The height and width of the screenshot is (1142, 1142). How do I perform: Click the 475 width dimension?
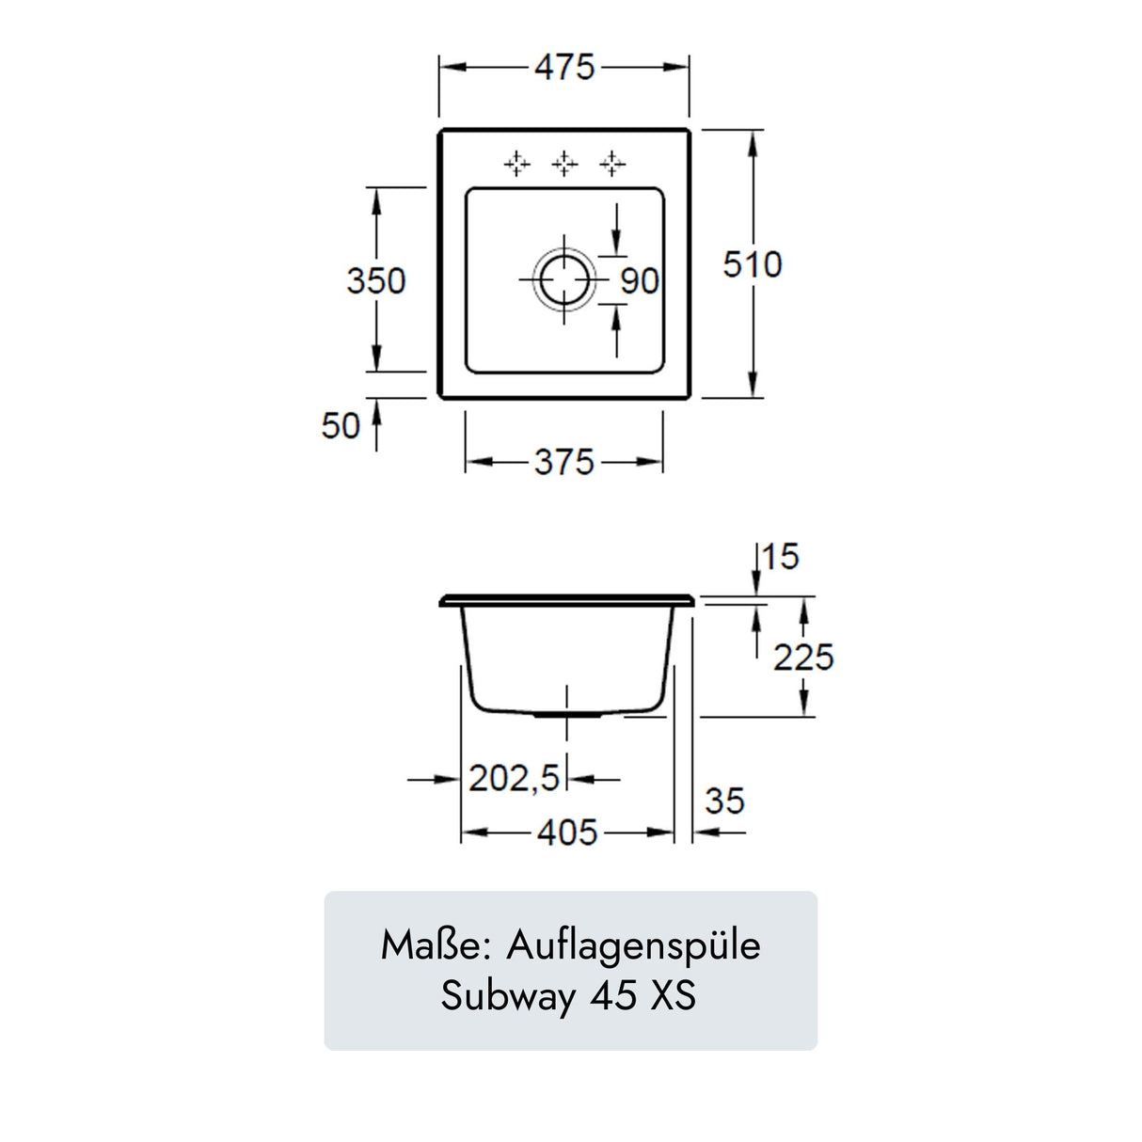click(x=564, y=68)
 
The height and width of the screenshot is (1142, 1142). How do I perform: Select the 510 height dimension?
click(x=752, y=264)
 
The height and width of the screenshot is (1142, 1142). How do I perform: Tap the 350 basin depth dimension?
click(x=375, y=280)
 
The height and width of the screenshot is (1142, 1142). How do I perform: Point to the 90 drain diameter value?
click(x=640, y=281)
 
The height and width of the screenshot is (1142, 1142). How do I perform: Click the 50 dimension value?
click(x=341, y=426)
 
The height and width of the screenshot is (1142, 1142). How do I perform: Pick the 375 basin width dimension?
click(x=564, y=462)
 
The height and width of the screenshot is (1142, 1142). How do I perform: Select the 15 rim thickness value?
click(x=780, y=557)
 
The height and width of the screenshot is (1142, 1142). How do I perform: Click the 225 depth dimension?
click(x=803, y=658)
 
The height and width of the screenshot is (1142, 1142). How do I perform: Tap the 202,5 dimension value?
click(x=515, y=779)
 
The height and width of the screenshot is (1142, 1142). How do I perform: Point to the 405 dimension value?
click(x=567, y=833)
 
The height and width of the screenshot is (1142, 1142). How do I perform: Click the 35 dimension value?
click(x=724, y=801)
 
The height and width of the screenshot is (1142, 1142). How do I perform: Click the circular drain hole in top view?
click(x=564, y=280)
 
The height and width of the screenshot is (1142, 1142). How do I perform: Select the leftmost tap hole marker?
click(x=515, y=164)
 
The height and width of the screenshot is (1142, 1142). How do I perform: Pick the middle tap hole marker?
click(x=564, y=164)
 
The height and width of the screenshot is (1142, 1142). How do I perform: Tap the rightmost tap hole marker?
click(x=613, y=164)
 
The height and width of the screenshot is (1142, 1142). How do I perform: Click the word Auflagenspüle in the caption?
click(x=633, y=946)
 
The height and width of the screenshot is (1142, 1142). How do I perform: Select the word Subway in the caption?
click(x=509, y=996)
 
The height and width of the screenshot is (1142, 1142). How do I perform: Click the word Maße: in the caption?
click(x=435, y=945)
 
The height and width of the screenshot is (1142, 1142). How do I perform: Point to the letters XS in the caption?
click(x=674, y=995)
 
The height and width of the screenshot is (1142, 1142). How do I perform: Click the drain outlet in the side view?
click(x=567, y=715)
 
